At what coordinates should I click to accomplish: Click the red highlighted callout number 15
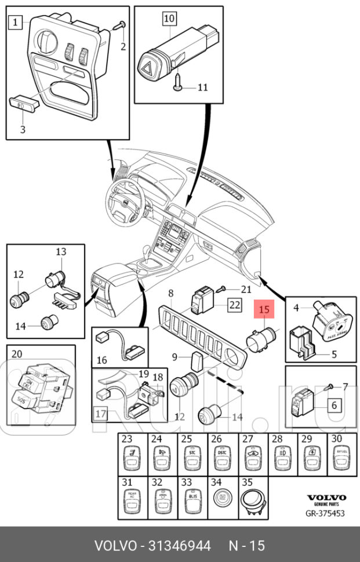click(x=264, y=309)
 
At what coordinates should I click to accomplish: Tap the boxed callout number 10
click(x=169, y=19)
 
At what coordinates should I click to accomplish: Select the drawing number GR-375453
click(x=326, y=513)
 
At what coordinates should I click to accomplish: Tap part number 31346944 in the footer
click(x=179, y=545)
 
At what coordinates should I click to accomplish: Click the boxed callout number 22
click(x=234, y=305)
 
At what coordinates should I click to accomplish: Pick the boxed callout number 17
click(x=100, y=414)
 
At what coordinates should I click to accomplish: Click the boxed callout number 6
click(x=334, y=405)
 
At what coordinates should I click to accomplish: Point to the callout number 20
click(x=17, y=355)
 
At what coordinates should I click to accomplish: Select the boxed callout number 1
click(x=15, y=23)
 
